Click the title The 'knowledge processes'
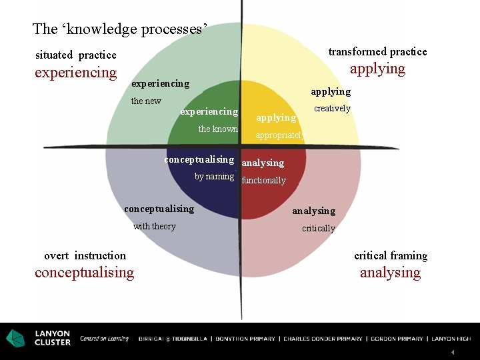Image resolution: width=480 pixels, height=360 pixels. [120, 29]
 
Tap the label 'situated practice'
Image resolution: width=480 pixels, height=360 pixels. [76, 55]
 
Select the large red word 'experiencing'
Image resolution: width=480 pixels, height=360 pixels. [75, 73]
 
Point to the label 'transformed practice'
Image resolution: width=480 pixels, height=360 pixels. [377, 52]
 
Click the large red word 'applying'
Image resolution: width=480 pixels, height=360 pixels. [377, 69]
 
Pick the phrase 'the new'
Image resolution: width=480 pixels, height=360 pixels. [146, 101]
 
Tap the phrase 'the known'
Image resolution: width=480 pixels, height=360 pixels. [218, 129]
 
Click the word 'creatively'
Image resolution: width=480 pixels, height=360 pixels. [332, 109]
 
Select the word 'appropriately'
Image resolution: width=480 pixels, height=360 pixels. [280, 135]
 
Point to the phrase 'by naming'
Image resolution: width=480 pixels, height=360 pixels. [214, 177]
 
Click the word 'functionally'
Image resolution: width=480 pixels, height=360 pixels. [263, 181]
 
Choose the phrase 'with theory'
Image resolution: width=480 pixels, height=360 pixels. [155, 227]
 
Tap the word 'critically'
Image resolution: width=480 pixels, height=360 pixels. [319, 229]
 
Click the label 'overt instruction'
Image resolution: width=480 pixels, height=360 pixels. [85, 256]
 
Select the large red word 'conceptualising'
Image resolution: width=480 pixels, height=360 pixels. [84, 273]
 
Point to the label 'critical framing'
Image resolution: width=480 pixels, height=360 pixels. [391, 256]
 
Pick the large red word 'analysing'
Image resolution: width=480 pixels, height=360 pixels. [390, 273]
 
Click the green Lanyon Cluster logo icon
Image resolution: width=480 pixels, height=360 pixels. [15, 339]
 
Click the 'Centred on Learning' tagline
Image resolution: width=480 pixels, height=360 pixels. [105, 339]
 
